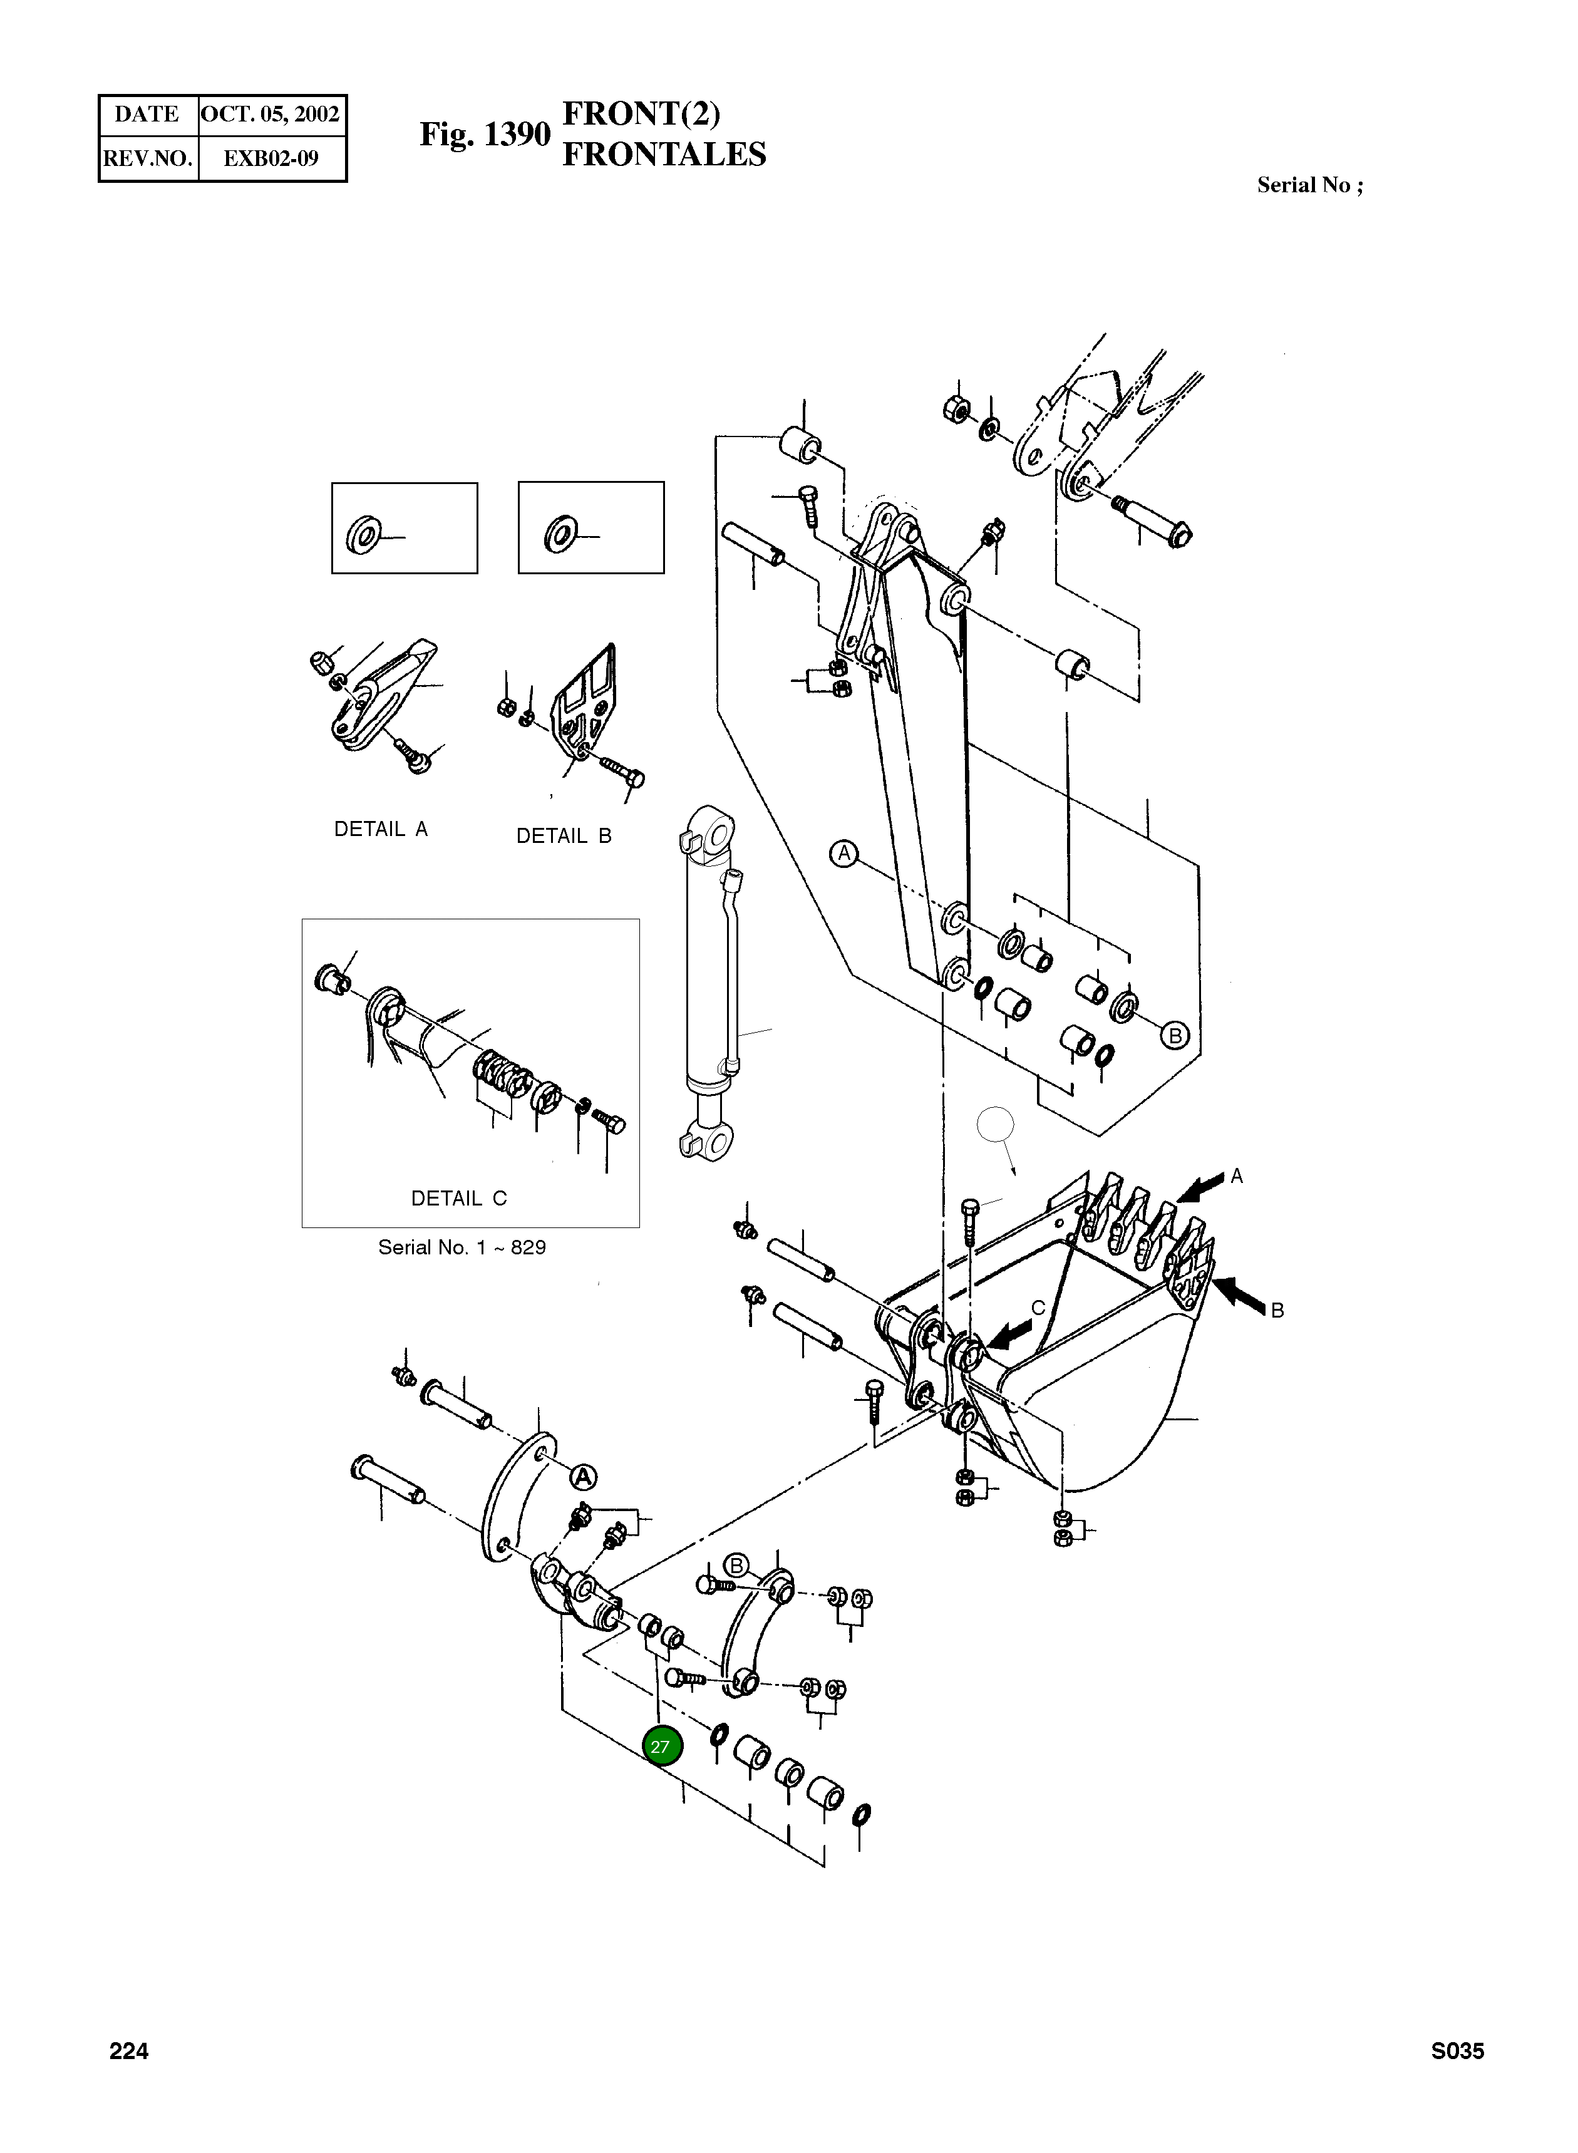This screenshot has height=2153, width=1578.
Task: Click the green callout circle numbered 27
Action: click(x=661, y=1747)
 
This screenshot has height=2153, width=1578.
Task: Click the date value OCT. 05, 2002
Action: click(x=271, y=115)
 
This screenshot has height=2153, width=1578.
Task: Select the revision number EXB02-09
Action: click(x=271, y=158)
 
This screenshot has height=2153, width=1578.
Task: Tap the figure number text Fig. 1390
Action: click(x=485, y=135)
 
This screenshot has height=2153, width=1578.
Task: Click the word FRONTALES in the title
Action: click(x=664, y=155)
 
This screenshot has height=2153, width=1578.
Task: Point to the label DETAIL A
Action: click(x=380, y=829)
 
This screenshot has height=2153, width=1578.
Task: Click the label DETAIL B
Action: click(x=564, y=836)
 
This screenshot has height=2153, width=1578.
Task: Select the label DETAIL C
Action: click(x=458, y=1198)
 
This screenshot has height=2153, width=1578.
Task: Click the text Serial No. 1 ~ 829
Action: click(x=462, y=1247)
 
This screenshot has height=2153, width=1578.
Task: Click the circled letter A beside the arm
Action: click(x=843, y=852)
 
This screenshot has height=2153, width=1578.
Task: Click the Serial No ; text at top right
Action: click(x=1309, y=185)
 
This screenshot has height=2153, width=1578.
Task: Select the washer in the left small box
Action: click(x=364, y=534)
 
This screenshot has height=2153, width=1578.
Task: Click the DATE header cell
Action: click(x=147, y=115)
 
